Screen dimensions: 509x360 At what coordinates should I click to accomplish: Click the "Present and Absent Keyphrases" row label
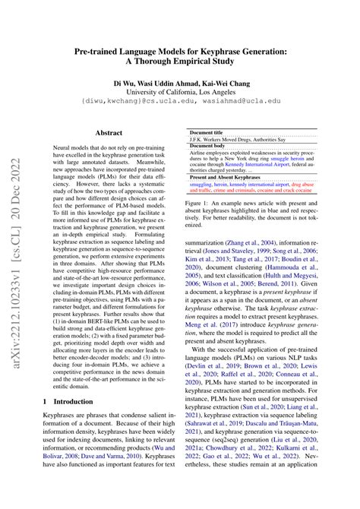coord(224,177)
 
